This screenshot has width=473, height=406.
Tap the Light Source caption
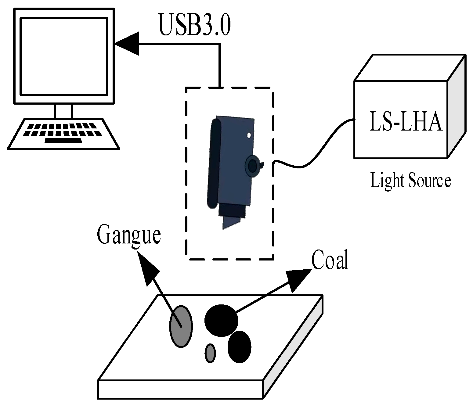coord(410,181)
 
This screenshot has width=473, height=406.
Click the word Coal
coord(330,260)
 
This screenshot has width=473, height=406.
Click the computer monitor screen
coord(64,56)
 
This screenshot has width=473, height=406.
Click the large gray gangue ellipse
coord(181,326)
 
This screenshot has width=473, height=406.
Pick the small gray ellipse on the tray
coord(210,353)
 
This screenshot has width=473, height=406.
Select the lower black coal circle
coord(240,347)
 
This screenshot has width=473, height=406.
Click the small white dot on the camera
coord(249,135)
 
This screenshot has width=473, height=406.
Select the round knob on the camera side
coord(253,166)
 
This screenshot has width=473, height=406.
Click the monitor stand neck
coord(63,111)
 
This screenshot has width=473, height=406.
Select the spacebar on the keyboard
coord(63,141)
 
